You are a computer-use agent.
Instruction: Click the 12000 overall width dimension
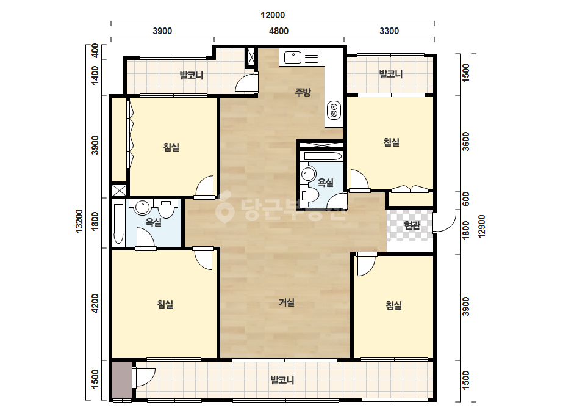tap(273, 15)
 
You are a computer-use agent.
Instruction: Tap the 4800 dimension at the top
tap(279, 31)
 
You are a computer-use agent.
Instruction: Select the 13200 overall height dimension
tap(79, 221)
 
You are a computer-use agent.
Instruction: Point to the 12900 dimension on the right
tap(482, 226)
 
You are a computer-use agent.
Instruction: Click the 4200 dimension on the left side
tap(95, 304)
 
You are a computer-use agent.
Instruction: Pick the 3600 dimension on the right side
tap(465, 142)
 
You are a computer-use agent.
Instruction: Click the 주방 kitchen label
tap(303, 92)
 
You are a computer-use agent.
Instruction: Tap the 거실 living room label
tap(287, 302)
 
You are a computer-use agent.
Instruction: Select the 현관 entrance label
tap(412, 225)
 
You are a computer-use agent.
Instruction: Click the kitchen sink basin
tap(293, 57)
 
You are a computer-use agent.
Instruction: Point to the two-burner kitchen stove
tap(334, 110)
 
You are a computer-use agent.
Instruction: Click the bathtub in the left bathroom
tap(118, 224)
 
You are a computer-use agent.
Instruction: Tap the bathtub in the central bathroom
tap(323, 156)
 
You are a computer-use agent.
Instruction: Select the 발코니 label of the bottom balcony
tap(282, 380)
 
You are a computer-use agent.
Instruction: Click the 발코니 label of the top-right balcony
tap(391, 74)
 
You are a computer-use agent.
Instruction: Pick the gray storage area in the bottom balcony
tap(122, 380)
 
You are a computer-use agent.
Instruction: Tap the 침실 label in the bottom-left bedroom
tap(165, 304)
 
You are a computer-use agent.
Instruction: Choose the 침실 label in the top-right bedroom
tap(392, 142)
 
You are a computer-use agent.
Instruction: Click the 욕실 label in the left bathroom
tap(153, 222)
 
